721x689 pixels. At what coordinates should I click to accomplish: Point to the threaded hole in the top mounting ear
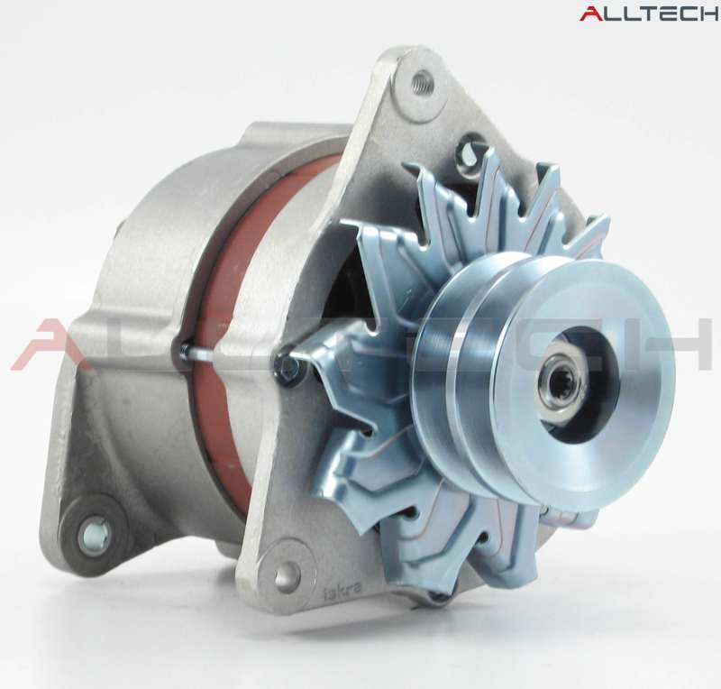[x=421, y=83]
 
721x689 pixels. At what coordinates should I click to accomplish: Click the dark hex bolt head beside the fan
[x=286, y=365]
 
